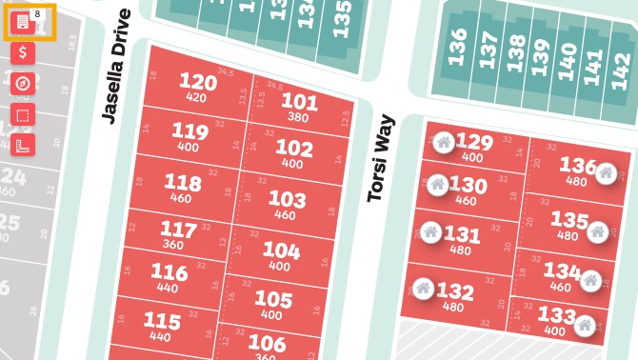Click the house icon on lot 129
point(444,144)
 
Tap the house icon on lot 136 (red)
point(606,172)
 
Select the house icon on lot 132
point(424,288)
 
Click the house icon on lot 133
point(585,325)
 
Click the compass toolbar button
point(23,84)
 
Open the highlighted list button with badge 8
point(23,22)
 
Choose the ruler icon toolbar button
point(23,145)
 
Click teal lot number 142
point(620,68)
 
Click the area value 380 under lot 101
point(298,118)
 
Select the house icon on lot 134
point(590,280)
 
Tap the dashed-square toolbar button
point(23,114)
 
